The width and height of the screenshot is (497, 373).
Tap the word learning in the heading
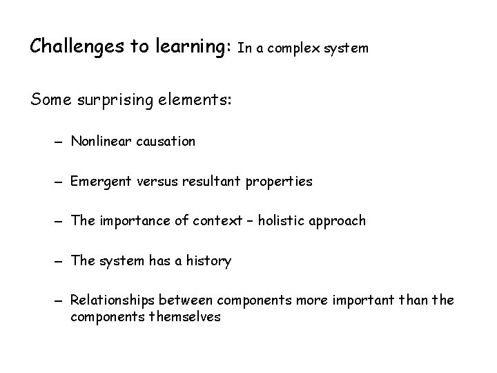click(186, 48)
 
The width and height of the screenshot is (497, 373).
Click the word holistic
click(269, 221)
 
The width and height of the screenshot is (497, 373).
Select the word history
click(208, 261)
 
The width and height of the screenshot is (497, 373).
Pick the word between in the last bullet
click(186, 300)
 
